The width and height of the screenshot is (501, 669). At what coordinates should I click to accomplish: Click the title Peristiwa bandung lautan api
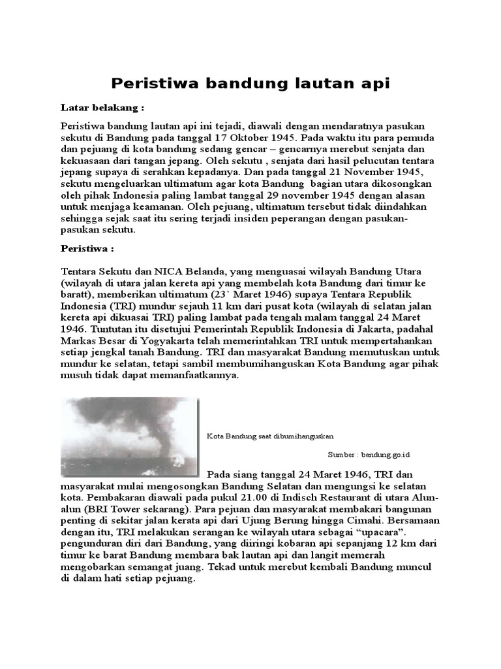[250, 84]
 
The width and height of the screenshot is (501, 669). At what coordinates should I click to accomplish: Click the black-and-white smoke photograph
[129, 436]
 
